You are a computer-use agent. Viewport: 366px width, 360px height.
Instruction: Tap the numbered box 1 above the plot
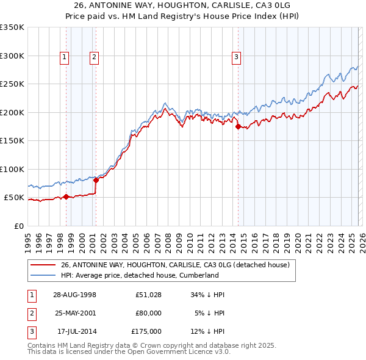click(65, 58)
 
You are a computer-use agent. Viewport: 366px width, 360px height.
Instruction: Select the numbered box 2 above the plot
click(95, 58)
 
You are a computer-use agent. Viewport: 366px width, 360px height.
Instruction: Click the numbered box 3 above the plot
click(236, 58)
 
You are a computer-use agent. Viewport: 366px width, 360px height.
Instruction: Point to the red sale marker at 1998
click(66, 196)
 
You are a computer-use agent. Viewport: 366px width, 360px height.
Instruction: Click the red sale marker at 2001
click(96, 180)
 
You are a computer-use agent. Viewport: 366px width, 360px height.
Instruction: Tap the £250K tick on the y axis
click(12, 84)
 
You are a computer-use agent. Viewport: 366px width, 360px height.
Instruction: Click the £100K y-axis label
click(12, 170)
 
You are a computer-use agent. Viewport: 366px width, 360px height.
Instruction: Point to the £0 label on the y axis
click(20, 226)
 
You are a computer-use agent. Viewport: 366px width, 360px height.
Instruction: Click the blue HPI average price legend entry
click(139, 275)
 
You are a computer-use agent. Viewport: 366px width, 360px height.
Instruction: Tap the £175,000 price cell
click(146, 331)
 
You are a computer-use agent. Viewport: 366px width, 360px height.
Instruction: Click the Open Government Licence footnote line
click(129, 351)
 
